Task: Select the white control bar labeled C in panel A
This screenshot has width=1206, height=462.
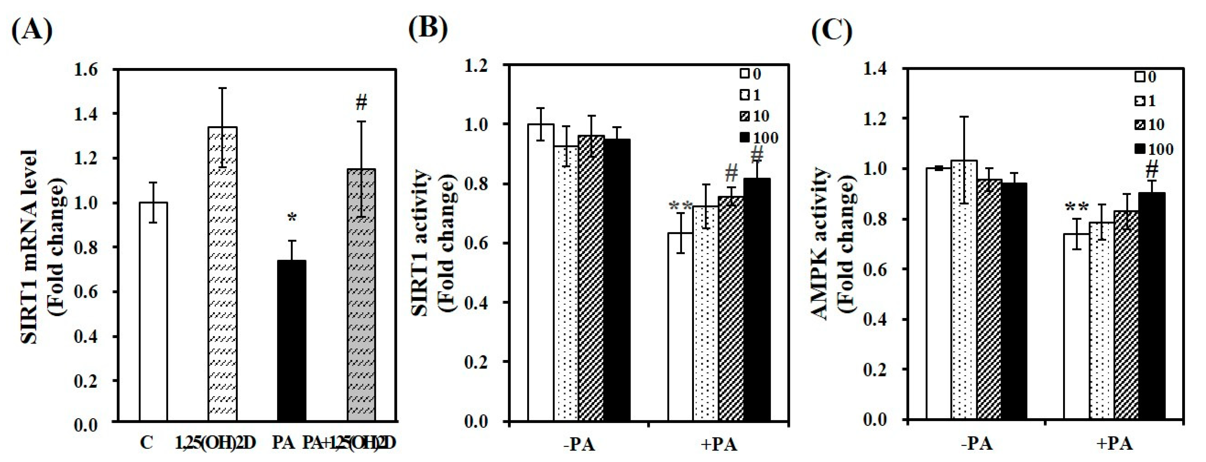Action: click(x=153, y=311)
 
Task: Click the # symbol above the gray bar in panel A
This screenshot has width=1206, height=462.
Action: click(x=361, y=103)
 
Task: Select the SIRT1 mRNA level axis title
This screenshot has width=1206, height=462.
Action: click(x=42, y=246)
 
